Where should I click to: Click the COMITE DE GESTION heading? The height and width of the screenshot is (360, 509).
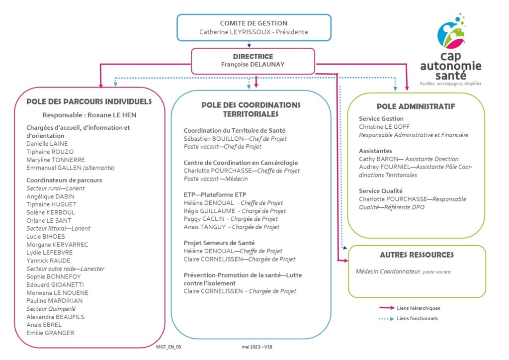tap(254, 23)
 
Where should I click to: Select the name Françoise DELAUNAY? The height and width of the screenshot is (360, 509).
tap(253, 65)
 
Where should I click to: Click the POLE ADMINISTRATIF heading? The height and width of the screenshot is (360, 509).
tap(416, 106)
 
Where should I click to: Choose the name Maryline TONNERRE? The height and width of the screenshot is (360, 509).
tap(56, 160)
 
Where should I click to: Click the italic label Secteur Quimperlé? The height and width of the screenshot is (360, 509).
tap(51, 309)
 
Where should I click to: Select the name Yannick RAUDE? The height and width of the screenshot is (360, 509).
tap(48, 261)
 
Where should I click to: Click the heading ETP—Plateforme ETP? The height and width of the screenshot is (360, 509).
tap(215, 195)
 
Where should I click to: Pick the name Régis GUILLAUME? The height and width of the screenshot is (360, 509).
tap(209, 211)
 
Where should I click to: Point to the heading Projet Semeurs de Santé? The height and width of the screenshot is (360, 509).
tap(219, 243)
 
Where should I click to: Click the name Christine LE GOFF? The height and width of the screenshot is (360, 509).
tap(384, 127)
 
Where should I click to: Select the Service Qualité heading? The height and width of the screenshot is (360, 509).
tap(380, 191)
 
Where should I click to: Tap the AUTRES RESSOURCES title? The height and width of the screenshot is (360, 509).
tap(417, 255)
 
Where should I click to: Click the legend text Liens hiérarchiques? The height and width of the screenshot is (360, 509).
tap(419, 308)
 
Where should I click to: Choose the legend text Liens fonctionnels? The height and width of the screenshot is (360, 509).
tap(417, 318)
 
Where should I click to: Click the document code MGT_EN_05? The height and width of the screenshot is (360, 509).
tap(169, 347)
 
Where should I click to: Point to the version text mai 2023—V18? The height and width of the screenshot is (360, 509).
tap(257, 347)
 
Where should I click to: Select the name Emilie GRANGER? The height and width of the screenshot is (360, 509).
tap(50, 333)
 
